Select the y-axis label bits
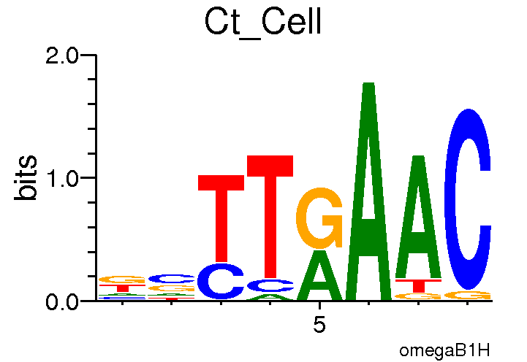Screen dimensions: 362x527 pos(27,177)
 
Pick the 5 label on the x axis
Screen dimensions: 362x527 pos(319,325)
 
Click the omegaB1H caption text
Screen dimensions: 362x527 pos(444,351)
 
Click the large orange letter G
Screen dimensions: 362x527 pos(319,217)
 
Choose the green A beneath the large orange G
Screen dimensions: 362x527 pos(319,276)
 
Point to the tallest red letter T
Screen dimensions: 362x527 pos(270,215)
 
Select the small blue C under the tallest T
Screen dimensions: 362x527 pos(270,285)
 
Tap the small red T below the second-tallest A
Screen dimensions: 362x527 pos(418,285)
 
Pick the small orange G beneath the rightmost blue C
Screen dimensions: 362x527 pos(468,295)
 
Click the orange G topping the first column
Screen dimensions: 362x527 pos(122,279)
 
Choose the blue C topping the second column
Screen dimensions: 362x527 pos(171,278)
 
